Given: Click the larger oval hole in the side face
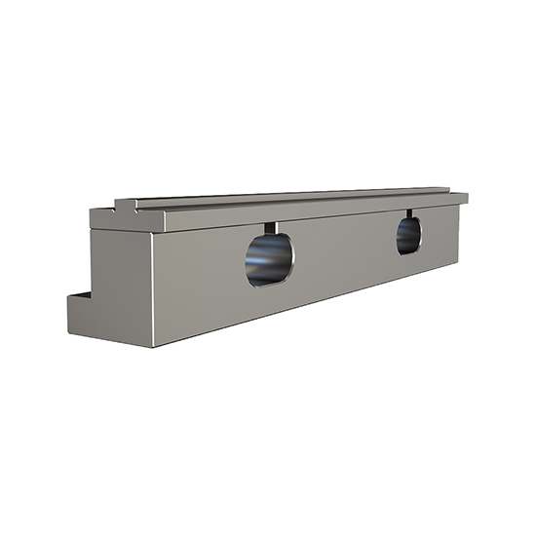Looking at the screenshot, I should pyautogui.click(x=269, y=259).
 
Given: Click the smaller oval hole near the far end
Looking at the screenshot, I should pyautogui.click(x=408, y=236).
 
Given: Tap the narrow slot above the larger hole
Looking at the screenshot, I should pyautogui.click(x=270, y=228).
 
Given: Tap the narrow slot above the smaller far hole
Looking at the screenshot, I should pyautogui.click(x=409, y=212).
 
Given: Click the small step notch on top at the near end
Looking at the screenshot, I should pyautogui.click(x=125, y=206).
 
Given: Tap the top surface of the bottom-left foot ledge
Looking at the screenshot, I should pyautogui.click(x=79, y=293).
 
